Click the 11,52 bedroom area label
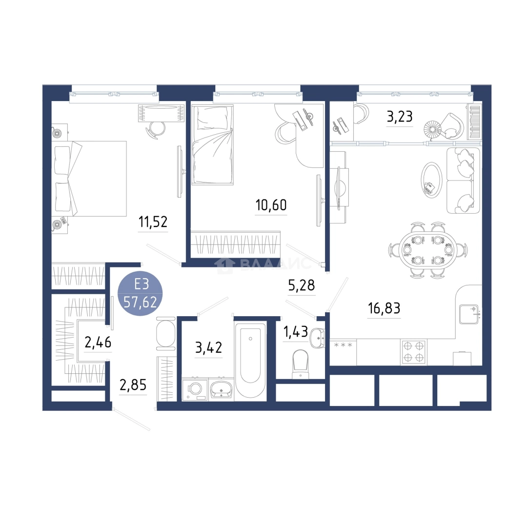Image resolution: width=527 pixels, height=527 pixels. coord(153,222)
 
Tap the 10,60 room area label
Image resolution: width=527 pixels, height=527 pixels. coord(271,204)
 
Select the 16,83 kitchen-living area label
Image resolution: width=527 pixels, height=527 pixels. coord(384,308)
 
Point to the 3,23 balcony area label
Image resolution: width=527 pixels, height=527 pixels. coord(400,117)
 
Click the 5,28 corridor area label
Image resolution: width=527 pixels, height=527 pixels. coord(302,285)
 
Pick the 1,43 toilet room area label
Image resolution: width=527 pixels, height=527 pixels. coord(296,332)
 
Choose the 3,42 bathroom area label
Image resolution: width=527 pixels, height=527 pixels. coord(208,347)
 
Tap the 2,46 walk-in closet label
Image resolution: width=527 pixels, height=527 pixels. coord(98,343)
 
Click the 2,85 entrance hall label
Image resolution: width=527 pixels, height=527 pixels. coord(133,385)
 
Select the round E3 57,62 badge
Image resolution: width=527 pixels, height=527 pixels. coord(141,293)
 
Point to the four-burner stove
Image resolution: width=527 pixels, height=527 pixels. coord(413,352)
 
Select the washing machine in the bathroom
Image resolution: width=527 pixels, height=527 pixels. coord(195,389)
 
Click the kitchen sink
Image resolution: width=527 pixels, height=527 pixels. coord(469,314)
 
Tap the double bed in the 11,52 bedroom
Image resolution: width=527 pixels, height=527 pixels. coord(89,179)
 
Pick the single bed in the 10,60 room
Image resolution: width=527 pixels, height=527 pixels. coord(212,144)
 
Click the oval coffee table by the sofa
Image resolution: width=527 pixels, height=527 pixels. coord(431,180)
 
